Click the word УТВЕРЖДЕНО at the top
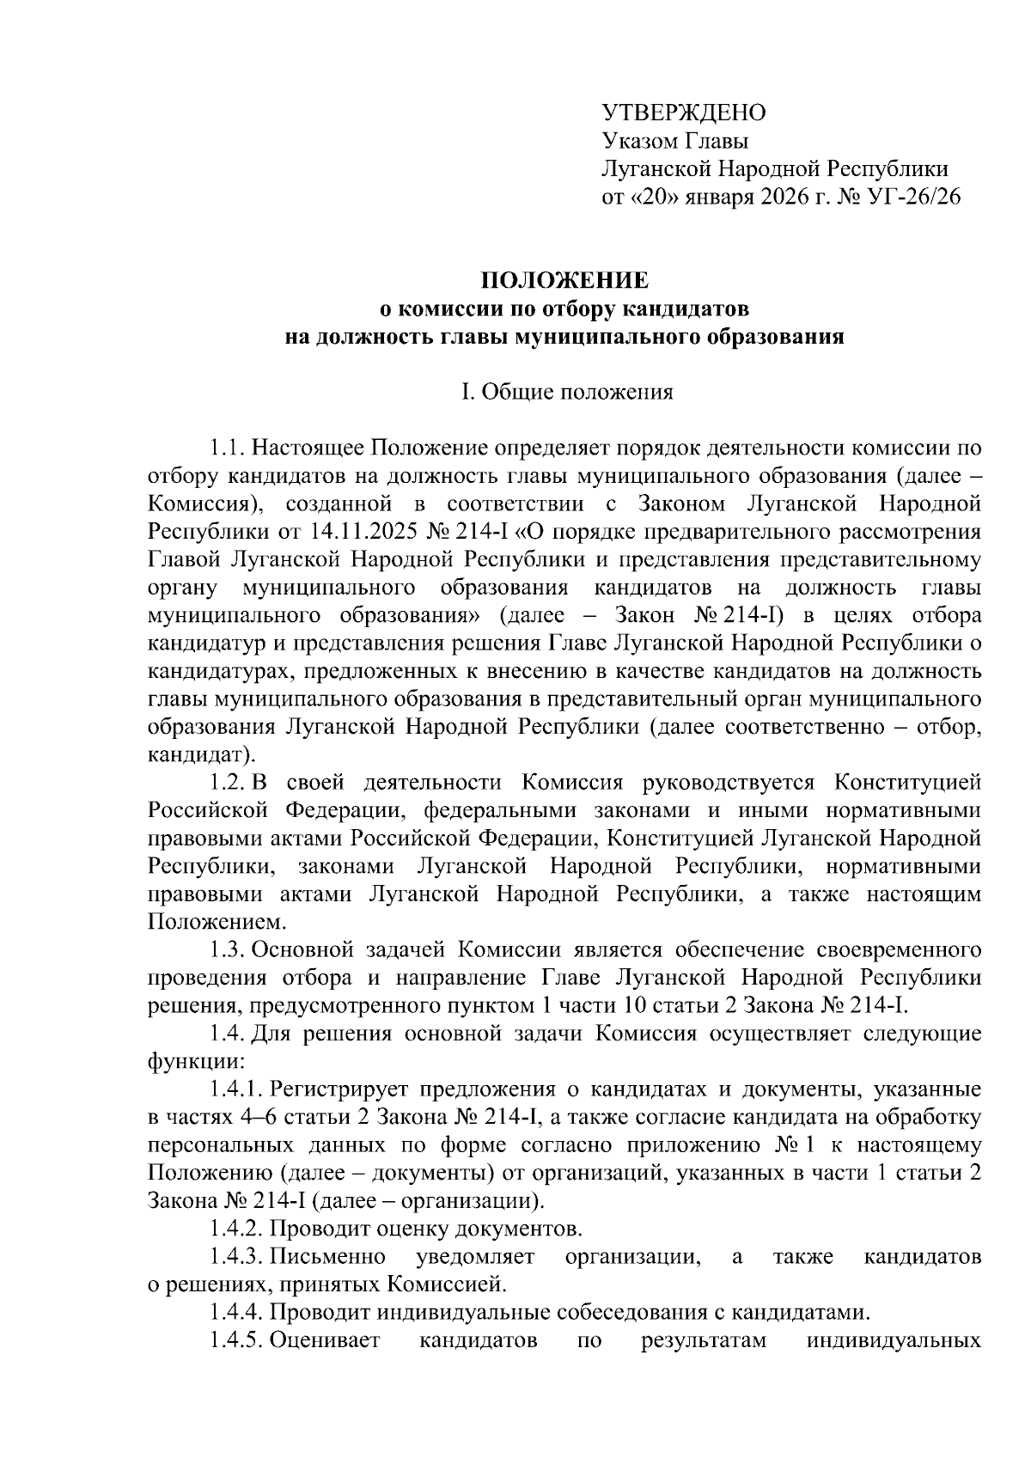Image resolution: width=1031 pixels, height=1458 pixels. click(x=683, y=113)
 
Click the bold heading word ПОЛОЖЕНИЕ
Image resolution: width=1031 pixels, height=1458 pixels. click(x=564, y=281)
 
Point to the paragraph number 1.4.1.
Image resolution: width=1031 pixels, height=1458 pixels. click(x=235, y=1090)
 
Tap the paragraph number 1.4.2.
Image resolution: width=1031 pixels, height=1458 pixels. click(x=235, y=1229)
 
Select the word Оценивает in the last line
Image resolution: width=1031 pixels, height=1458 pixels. click(x=325, y=1341)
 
